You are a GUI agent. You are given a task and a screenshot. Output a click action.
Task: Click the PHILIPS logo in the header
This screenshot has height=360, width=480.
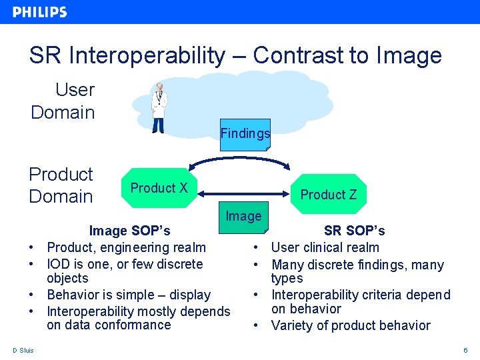39,12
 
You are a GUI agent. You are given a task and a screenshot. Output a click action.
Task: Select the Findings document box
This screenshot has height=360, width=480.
245,134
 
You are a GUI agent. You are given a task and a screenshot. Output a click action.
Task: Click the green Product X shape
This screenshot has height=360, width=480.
159,189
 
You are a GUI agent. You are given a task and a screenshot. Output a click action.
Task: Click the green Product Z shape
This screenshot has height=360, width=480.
329,195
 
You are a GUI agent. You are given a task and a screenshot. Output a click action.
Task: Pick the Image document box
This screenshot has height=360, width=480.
243,217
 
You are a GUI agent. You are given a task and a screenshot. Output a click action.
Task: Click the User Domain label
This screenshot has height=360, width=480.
63,101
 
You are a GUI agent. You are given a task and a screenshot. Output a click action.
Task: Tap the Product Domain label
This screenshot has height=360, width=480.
61,185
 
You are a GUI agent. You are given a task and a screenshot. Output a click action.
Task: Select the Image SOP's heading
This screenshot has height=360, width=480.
129,231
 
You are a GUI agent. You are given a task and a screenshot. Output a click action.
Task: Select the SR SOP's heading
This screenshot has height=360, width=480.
354,231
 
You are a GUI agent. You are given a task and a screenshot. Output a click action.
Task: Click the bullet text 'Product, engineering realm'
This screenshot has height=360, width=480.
126,247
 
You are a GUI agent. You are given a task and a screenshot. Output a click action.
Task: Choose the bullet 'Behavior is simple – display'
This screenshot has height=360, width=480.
129,295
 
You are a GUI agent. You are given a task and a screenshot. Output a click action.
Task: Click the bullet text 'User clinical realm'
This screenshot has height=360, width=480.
325,248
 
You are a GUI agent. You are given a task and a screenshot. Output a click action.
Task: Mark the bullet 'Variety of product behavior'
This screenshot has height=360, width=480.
351,325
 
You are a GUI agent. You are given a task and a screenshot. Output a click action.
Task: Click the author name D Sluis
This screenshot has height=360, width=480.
23,351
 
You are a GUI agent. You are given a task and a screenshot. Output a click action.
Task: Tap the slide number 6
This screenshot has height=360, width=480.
465,351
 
